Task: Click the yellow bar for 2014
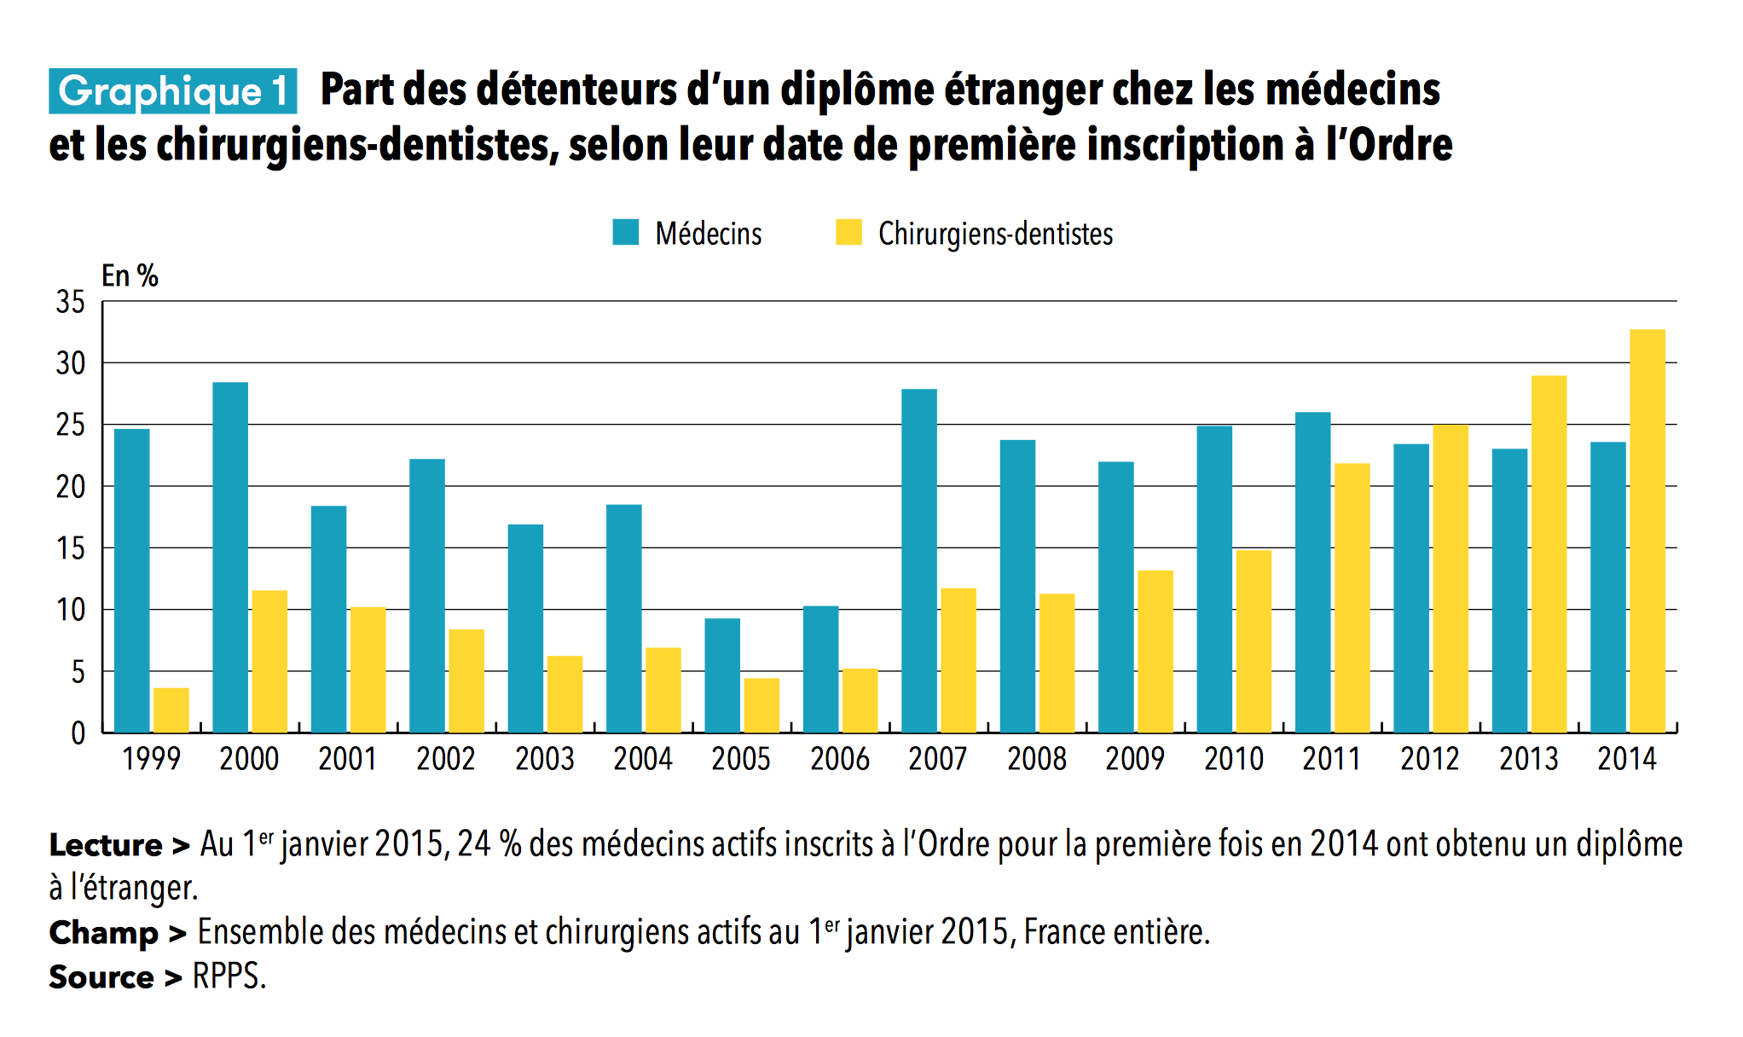pos(1647,530)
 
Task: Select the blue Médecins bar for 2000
pos(230,557)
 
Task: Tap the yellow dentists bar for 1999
pos(171,710)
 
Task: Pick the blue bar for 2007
pos(919,560)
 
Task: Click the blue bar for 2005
pos(722,675)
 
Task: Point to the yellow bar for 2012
pos(1450,578)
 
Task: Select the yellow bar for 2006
pos(860,700)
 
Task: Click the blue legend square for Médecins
pos(626,233)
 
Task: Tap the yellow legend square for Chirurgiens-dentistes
pos(848,233)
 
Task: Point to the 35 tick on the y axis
pos(71,302)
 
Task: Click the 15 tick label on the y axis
pos(71,548)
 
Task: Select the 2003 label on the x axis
pos(545,759)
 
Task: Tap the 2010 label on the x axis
pos(1233,759)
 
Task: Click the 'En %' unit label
pos(130,275)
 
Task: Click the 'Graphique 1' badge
pos(173,91)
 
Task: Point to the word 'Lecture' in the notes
pos(106,845)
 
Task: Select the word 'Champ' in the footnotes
pos(103,932)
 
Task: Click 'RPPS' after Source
pos(228,976)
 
